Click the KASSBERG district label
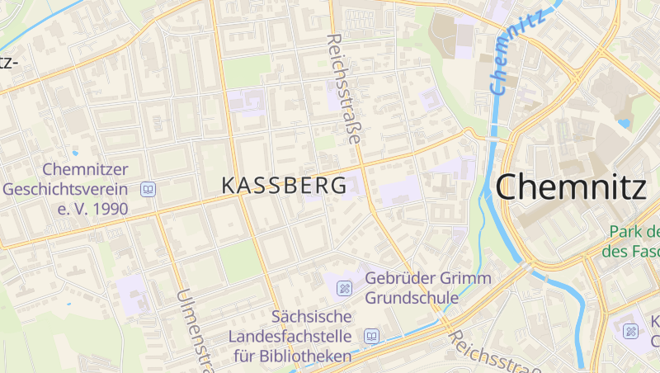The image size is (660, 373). tap(284, 186)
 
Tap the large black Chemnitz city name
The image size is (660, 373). tap(571, 187)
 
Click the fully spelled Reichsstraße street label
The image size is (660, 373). tap(344, 89)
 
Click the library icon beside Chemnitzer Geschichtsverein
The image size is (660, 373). tap(148, 190)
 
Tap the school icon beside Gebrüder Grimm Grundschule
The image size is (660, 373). tap(345, 288)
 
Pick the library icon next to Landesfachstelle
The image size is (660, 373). tap(372, 337)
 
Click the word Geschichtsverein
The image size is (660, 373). tap(66, 189)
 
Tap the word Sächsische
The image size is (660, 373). tap(312, 317)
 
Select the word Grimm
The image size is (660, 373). tap(466, 278)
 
